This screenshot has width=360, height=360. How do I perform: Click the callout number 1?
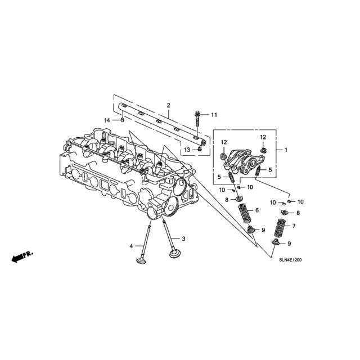pos(286,150)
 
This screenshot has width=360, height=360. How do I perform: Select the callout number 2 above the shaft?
pos(169,105)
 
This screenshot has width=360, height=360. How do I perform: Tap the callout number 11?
pos(214,115)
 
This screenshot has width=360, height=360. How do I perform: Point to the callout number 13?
pos(187,150)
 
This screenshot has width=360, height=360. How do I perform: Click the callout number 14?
pos(107,120)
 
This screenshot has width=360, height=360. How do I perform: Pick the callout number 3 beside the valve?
pos(183,238)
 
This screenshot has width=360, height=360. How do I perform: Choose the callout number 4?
pos(131,246)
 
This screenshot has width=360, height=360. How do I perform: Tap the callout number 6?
pos(257,210)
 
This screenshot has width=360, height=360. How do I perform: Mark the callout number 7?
pos(294,226)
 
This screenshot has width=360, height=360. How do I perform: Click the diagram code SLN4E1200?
pos(290,260)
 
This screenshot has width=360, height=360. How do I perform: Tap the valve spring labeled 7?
pos(280,228)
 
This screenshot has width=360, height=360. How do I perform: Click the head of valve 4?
pos(141,261)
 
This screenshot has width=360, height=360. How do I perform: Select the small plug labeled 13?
pos(200,150)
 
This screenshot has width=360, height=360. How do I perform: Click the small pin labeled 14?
pos(123,120)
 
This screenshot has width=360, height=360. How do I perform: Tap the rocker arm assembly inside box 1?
pos(244,161)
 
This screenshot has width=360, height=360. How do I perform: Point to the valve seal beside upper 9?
pos(251,229)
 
